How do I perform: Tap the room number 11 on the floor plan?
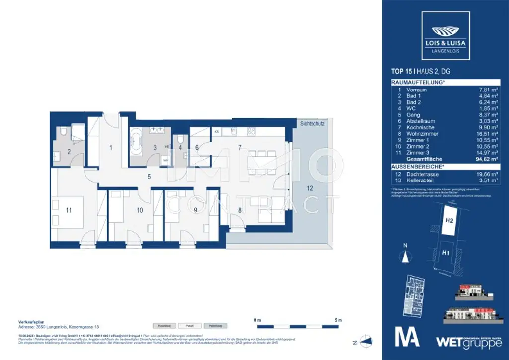click(69, 210)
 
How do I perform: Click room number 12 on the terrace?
click(310, 188)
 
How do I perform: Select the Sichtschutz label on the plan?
click(312, 124)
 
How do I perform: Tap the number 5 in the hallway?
click(149, 176)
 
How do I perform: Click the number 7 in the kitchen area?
click(239, 148)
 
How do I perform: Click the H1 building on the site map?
click(446, 253)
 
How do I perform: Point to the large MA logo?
click(407, 337)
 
